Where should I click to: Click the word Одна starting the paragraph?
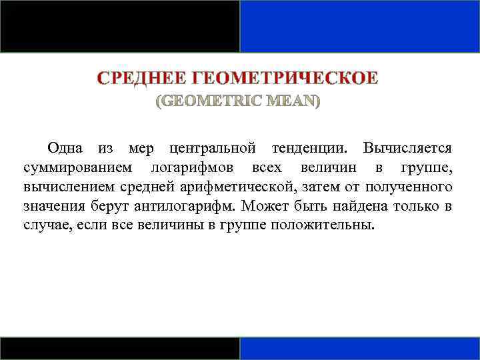pyautogui.click(x=65, y=147)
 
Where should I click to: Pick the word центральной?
pyautogui.click(x=213, y=147)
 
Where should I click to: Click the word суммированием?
pyautogui.click(x=77, y=167)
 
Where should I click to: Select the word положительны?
pyautogui.click(x=321, y=225)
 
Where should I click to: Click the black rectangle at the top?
pyautogui.click(x=120, y=26)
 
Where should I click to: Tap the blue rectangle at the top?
pyautogui.click(x=360, y=26)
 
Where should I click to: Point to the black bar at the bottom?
pyautogui.click(x=120, y=349)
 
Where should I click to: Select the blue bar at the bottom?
pyautogui.click(x=360, y=349)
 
